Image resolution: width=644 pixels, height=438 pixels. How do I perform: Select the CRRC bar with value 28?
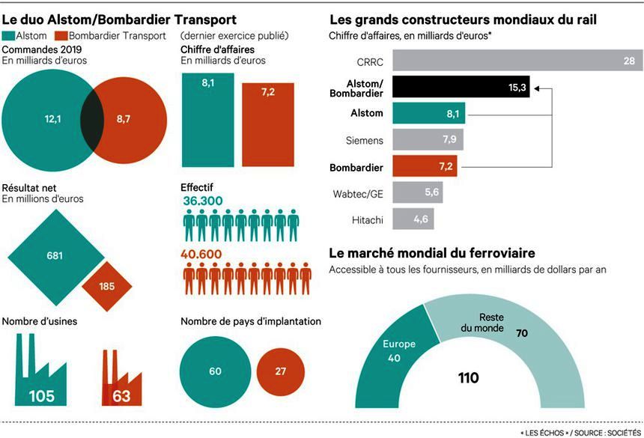[517, 61]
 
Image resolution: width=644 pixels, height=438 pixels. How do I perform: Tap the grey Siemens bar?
[428, 140]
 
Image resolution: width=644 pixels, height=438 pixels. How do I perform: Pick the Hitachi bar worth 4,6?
[413, 219]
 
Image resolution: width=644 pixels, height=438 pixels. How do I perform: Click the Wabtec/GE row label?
[359, 193]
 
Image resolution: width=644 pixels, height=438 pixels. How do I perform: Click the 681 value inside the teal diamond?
[54, 255]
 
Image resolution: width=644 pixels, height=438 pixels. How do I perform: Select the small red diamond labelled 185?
[106, 286]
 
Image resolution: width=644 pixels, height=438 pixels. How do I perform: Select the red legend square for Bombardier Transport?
[62, 36]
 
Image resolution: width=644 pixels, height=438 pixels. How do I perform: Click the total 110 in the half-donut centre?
[469, 378]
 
